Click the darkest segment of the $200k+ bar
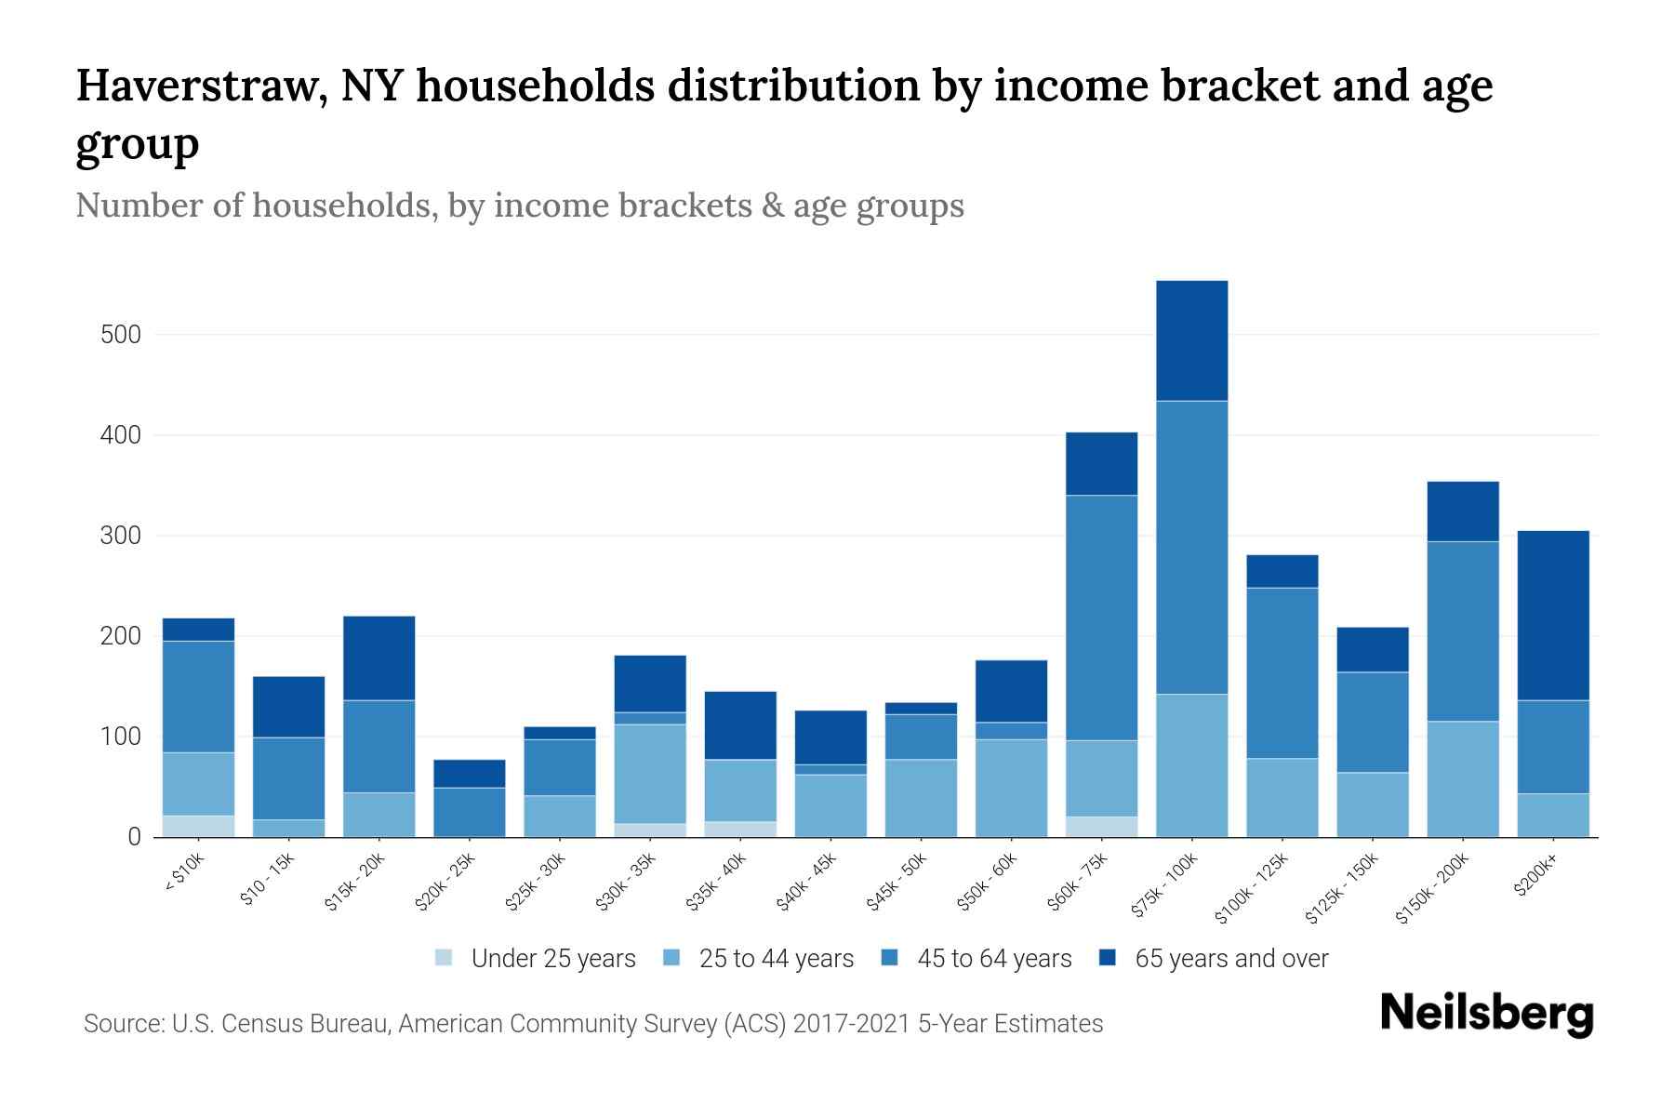pyautogui.click(x=1552, y=615)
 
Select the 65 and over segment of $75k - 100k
pyautogui.click(x=1191, y=340)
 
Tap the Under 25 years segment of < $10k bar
pyautogui.click(x=198, y=826)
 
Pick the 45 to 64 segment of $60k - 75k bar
pyautogui.click(x=1101, y=618)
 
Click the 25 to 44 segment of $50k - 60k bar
pyautogui.click(x=1011, y=788)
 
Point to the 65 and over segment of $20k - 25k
pyautogui.click(x=469, y=774)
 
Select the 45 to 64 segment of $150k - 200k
pyautogui.click(x=1462, y=631)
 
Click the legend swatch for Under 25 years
pyautogui.click(x=445, y=958)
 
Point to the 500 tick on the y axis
pyautogui.click(x=120, y=335)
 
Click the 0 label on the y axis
pyautogui.click(x=134, y=837)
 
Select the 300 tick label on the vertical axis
pyautogui.click(x=120, y=537)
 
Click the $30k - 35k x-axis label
pyautogui.click(x=627, y=882)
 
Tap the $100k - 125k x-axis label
pyautogui.click(x=1252, y=888)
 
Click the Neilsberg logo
pyautogui.click(x=1486, y=1014)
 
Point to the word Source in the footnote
pyautogui.click(x=121, y=1024)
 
